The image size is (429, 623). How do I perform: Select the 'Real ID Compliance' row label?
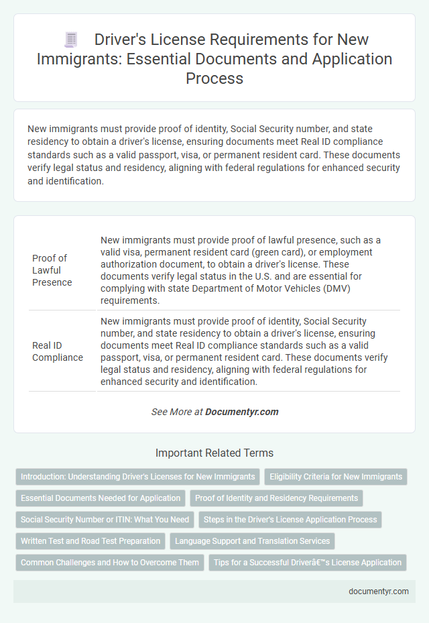[x=57, y=351]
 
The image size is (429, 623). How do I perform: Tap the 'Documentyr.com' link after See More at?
[x=242, y=412]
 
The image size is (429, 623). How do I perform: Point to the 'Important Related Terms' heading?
[x=214, y=453]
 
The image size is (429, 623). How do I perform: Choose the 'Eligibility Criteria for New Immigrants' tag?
[x=336, y=477]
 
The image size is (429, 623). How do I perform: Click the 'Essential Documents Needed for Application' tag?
[x=100, y=498]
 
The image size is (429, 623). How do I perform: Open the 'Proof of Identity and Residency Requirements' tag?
[x=276, y=498]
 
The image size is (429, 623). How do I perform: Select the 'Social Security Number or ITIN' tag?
[x=105, y=519]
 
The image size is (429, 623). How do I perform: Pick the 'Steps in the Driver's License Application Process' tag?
[x=290, y=519]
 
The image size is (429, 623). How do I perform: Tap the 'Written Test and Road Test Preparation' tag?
[x=90, y=541]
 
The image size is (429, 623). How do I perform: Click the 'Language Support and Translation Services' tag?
[x=252, y=541]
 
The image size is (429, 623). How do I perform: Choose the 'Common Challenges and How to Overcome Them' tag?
[x=109, y=562]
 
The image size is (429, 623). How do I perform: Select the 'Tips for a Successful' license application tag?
[x=308, y=562]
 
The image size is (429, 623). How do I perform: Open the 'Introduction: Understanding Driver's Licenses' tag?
[x=137, y=477]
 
